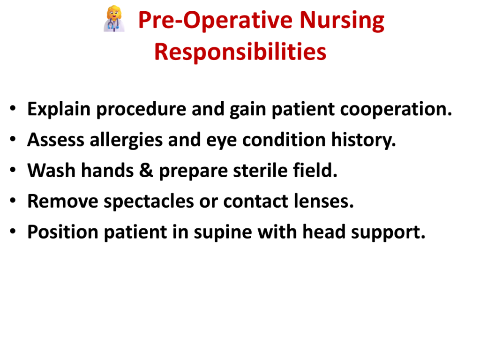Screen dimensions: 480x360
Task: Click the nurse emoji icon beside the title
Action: pyautogui.click(x=114, y=19)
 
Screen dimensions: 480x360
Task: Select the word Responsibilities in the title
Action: pyautogui.click(x=240, y=52)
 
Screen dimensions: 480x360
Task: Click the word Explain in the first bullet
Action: pyautogui.click(x=59, y=109)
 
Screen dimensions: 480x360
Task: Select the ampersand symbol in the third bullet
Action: pyautogui.click(x=146, y=171)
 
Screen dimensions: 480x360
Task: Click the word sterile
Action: pyautogui.click(x=260, y=171)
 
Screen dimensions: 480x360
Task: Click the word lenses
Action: pyautogui.click(x=323, y=201)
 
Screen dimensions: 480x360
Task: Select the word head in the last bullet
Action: pyautogui.click(x=324, y=232)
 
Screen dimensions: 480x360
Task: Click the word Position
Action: pyautogui.click(x=63, y=232)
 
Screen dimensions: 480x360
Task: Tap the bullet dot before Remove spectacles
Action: pyautogui.click(x=13, y=201)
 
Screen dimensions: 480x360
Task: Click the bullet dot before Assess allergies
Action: pyautogui.click(x=13, y=139)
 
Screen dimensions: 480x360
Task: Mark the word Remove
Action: pyautogui.click(x=63, y=201)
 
